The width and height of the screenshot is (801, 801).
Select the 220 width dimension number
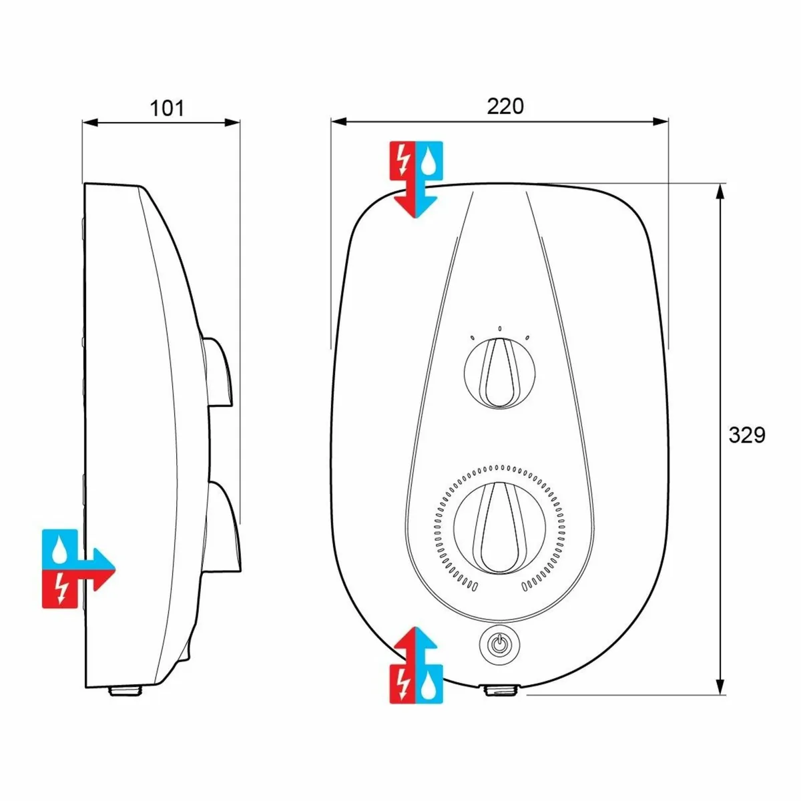(505, 105)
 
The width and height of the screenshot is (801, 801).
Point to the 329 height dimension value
(746, 435)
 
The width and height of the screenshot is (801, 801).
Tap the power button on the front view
(497, 644)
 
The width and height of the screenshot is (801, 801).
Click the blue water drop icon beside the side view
(60, 547)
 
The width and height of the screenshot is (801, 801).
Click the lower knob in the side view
(224, 527)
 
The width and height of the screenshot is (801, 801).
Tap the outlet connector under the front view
(504, 690)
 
